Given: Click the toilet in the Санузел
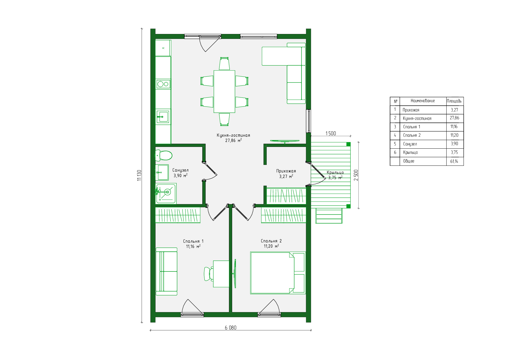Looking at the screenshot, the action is coord(164,155).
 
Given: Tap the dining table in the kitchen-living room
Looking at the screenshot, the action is coord(224,91).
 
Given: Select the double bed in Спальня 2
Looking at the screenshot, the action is coord(278,273).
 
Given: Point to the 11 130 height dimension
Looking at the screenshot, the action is coord(139,175).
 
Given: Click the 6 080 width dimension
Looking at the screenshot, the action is coord(231,327).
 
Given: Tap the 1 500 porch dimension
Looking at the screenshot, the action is coord(331,133).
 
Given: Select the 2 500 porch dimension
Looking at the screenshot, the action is coord(356,175).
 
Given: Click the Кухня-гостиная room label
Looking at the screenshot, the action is coord(233,135).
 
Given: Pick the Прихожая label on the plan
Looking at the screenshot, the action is coord(286,171).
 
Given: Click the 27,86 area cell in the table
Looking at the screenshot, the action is coord(454,118).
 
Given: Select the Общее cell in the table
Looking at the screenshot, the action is coord(409,161).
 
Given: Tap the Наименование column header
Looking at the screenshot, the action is coord(423,101).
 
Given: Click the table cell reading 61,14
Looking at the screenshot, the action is coord(454,161).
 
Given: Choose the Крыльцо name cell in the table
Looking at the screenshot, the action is coord(410,152).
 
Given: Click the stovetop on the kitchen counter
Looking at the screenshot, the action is coord(163,84).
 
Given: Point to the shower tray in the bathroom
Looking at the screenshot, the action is coord(166,193).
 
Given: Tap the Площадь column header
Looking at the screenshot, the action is coord(454,101).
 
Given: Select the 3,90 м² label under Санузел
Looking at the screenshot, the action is coord(181,175).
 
